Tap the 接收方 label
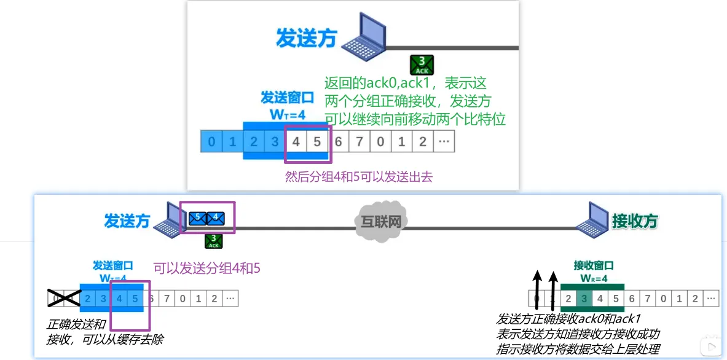pos(635,221)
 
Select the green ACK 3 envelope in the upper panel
pos(422,65)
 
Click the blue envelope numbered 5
pos(198,217)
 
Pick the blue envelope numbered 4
pos(216,217)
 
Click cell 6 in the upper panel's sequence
pos(339,142)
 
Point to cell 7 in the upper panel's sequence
pos(360,142)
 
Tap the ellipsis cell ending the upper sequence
pos(444,142)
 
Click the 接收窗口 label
pos(594,266)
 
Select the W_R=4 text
pos(594,278)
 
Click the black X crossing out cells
pos(65,299)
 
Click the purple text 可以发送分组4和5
pos(207,268)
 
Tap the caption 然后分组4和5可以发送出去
pos(359,177)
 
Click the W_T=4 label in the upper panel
pos(288,114)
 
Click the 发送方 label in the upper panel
pos(306,39)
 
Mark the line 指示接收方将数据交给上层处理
pos(578,349)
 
